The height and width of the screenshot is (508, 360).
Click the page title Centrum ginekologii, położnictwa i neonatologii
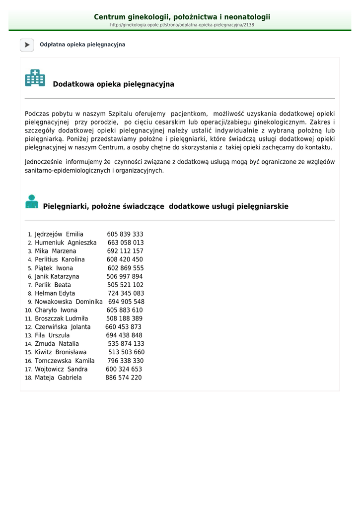click(x=182, y=17)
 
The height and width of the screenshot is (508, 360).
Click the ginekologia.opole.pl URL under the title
click(x=182, y=25)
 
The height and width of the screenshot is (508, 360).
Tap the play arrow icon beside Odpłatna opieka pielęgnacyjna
click(x=27, y=45)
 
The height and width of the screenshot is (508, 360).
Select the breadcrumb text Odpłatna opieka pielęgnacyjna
click(x=82, y=45)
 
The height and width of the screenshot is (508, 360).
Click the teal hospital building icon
click(x=35, y=78)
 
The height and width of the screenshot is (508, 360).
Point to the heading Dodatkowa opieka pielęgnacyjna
click(x=113, y=84)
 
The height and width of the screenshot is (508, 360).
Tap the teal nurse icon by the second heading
click(x=32, y=201)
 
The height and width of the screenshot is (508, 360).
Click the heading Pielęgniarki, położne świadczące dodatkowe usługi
click(x=166, y=206)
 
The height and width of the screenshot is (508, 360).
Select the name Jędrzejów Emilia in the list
click(x=59, y=234)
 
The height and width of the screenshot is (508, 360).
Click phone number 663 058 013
click(x=126, y=243)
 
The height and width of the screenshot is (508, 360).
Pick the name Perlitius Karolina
click(x=60, y=259)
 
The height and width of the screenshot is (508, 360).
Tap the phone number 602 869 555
click(x=126, y=268)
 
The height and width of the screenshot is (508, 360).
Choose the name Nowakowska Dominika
click(x=69, y=302)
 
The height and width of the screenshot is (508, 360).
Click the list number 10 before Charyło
click(x=29, y=311)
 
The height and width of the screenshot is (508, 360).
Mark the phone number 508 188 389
click(x=124, y=318)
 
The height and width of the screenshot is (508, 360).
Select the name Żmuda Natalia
click(x=57, y=344)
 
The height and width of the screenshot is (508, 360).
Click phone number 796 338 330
click(x=126, y=361)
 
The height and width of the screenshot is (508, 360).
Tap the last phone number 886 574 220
click(x=124, y=378)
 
